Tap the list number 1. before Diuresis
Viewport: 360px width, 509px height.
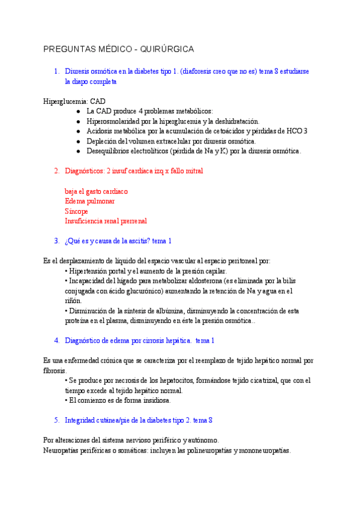[x=57, y=71]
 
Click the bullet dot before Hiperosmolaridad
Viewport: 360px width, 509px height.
[x=79, y=121]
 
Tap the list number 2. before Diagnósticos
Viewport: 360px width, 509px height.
[x=57, y=171]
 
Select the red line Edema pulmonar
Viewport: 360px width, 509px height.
[x=90, y=201]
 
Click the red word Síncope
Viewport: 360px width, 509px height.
[x=76, y=211]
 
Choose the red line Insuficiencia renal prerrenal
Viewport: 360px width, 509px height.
[x=106, y=221]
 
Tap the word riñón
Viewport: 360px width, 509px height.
[x=73, y=301]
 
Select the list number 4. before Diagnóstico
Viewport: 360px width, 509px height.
[x=57, y=340]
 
